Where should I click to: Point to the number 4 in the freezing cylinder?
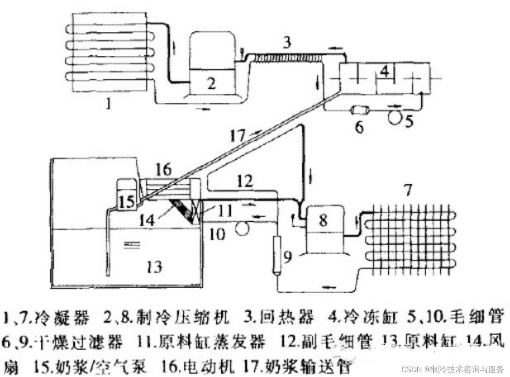point(384,72)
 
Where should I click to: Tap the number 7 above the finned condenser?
point(408,190)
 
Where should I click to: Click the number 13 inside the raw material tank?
point(155,267)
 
